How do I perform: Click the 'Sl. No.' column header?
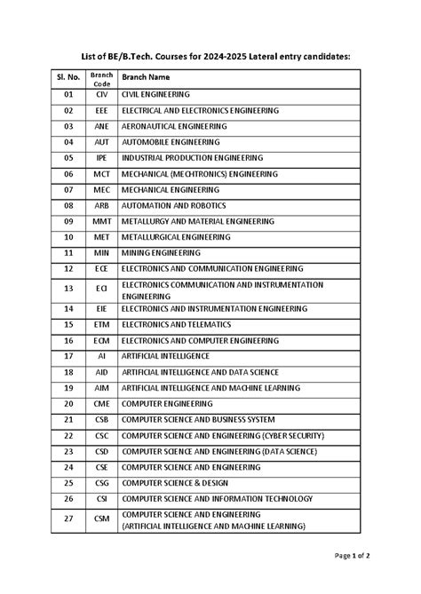[x=68, y=76]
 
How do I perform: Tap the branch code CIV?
[x=101, y=93]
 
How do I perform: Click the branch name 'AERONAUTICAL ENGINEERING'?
[x=173, y=126]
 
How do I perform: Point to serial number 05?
[x=68, y=158]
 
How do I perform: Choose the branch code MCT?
[x=101, y=174]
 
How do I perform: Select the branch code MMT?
[x=101, y=221]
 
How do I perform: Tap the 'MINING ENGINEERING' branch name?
[x=161, y=252]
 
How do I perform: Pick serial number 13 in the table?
[x=68, y=289]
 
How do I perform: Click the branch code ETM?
[x=101, y=325]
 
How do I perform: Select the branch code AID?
[x=101, y=373]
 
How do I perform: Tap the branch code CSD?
[x=101, y=451]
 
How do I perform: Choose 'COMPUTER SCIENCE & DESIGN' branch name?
[x=175, y=483]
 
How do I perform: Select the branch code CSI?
[x=101, y=499]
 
